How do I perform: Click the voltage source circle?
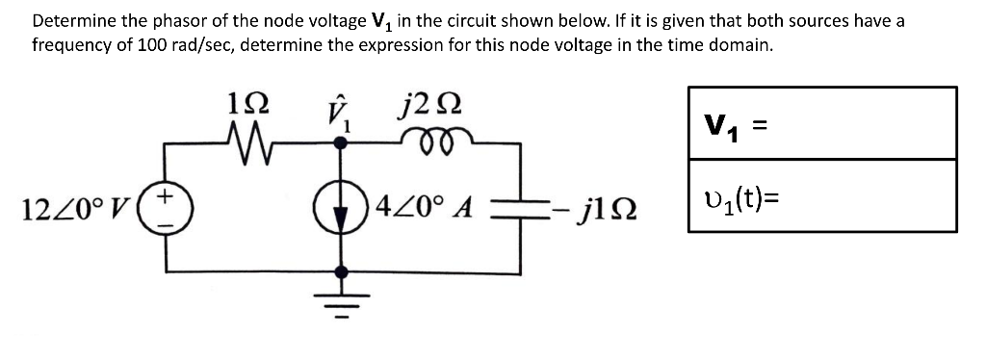click(x=164, y=207)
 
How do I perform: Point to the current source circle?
click(x=339, y=207)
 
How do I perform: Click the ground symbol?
click(x=339, y=294)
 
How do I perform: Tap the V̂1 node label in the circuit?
click(x=338, y=116)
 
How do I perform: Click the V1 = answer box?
click(x=822, y=123)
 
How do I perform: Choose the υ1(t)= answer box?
click(x=822, y=195)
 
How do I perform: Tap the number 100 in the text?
click(x=133, y=44)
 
